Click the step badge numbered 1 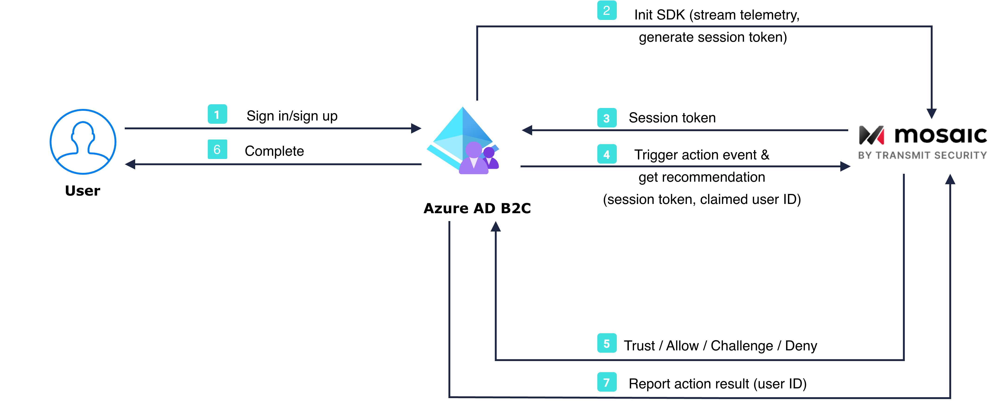(217, 114)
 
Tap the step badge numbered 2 (606, 10)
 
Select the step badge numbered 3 (606, 118)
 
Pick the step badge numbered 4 (606, 154)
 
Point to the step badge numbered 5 (606, 343)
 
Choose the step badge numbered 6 (217, 149)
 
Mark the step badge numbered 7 (606, 382)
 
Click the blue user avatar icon (83, 142)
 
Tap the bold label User (83, 191)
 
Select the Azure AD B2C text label (477, 208)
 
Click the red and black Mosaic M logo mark (871, 135)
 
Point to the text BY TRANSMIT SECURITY (922, 155)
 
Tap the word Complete (274, 151)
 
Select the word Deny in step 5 (801, 346)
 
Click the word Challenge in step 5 (742, 346)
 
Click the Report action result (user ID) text (717, 384)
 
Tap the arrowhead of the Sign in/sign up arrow (416, 128)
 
